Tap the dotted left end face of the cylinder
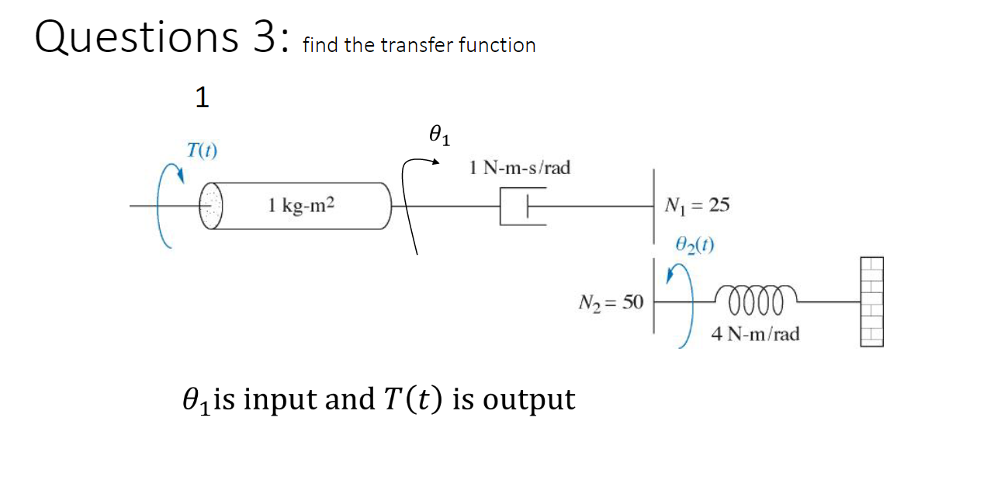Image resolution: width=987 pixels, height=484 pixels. click(210, 206)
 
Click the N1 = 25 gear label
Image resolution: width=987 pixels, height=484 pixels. click(697, 206)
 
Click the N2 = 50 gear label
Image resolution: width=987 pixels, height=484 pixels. click(611, 302)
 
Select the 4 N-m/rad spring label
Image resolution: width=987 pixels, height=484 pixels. click(755, 334)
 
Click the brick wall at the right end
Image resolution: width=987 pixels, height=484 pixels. click(871, 301)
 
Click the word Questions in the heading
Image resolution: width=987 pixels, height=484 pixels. click(131, 37)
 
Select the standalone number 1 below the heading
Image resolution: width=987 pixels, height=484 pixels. click(202, 99)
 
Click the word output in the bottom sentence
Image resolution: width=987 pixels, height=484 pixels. click(528, 399)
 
